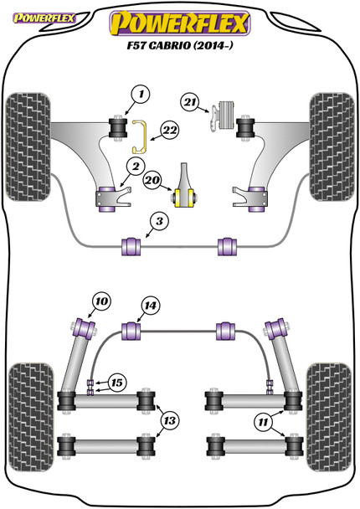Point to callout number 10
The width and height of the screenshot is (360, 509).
101,301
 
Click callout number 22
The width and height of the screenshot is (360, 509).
170,130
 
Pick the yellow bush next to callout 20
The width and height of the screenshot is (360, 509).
185,197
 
